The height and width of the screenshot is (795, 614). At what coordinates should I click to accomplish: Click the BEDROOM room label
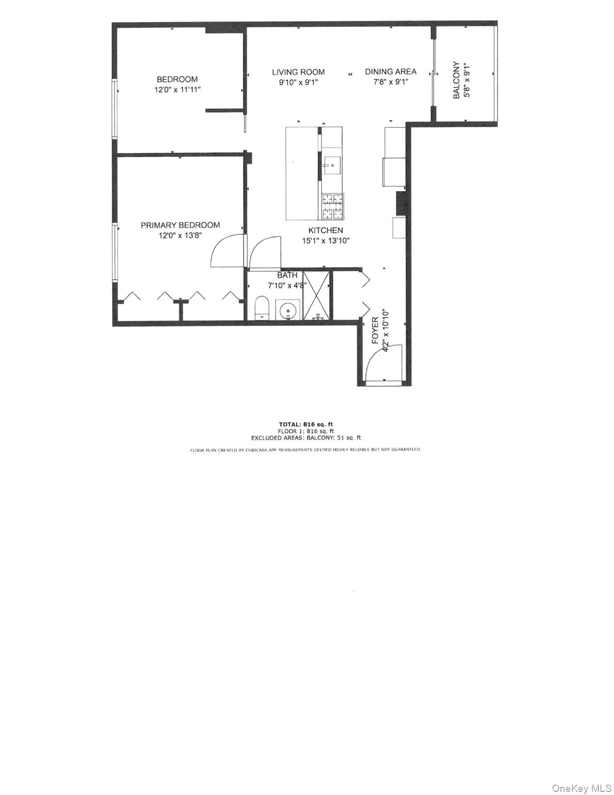point(177,79)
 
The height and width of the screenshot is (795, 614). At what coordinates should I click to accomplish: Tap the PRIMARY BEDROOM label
point(180,225)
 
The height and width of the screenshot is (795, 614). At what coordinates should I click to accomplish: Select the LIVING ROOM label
point(298,72)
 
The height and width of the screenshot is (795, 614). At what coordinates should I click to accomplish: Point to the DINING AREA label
point(391,72)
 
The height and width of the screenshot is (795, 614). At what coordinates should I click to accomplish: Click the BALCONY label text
point(456,81)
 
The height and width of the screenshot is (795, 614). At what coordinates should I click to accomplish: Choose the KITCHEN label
point(325,230)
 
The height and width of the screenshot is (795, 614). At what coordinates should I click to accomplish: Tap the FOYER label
point(376,331)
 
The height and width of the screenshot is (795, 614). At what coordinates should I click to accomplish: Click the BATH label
point(287,275)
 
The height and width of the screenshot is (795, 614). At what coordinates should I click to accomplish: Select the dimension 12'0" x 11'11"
point(177,90)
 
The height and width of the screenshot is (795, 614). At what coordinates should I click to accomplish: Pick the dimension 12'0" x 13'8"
point(180,235)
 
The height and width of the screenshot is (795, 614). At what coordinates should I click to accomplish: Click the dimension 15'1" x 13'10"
point(326,240)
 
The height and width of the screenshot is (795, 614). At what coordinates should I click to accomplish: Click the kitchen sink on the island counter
point(331,167)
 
